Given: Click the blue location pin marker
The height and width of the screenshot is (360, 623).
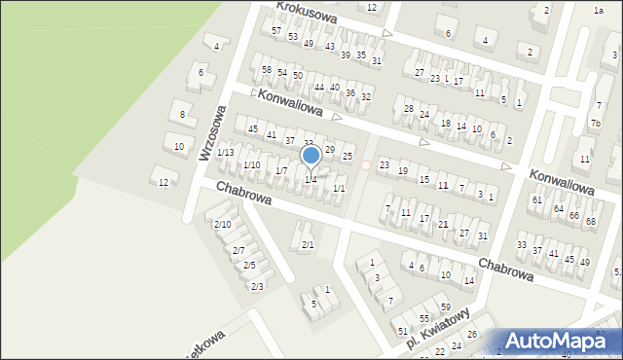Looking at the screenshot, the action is [x=311, y=156].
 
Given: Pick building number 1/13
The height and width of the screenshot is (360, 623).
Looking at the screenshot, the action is [x=225, y=153].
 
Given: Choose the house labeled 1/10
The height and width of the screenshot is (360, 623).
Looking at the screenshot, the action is [x=251, y=165].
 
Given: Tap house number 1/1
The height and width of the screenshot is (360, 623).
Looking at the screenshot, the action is [x=339, y=188].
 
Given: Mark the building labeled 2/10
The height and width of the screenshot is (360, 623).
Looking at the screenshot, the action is [x=222, y=225].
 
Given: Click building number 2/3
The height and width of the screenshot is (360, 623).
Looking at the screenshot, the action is [x=257, y=286].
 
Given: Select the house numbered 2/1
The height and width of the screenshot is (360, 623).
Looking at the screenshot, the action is [x=308, y=244].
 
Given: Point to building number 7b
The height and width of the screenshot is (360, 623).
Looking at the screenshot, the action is [x=595, y=124].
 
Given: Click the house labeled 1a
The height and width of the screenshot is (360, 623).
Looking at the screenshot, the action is [x=599, y=10].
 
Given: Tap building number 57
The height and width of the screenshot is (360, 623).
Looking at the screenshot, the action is [x=276, y=31].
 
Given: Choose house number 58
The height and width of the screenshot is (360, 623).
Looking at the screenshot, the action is [x=266, y=69].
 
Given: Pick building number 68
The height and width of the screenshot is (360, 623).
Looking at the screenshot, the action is [x=591, y=222].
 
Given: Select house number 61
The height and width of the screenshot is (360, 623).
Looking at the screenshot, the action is [x=536, y=199].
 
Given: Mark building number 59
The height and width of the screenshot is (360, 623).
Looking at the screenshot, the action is [x=446, y=306].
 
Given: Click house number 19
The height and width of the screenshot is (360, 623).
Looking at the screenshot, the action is [x=403, y=172].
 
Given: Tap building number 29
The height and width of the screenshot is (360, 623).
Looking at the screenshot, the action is [x=329, y=149].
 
